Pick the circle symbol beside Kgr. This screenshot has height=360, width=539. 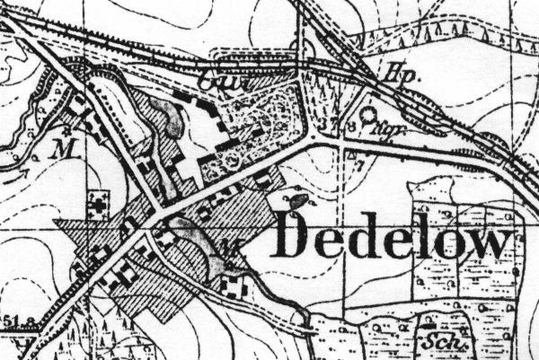click(x=368, y=116)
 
